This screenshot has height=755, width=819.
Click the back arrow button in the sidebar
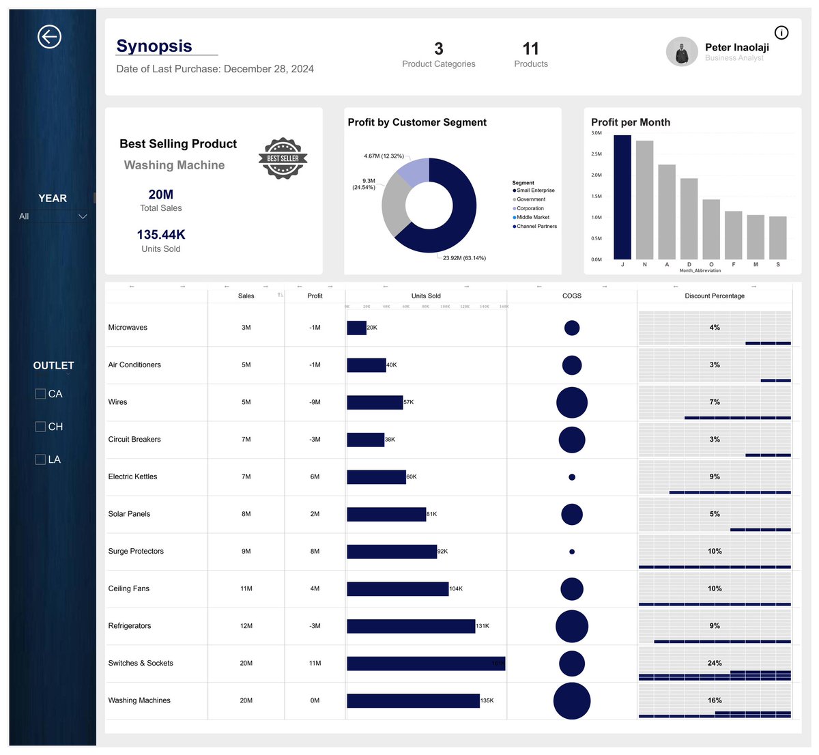coord(49,37)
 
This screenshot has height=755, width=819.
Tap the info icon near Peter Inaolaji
coord(781,33)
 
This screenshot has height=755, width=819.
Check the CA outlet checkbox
coord(40,394)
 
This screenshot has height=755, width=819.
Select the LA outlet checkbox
coord(40,459)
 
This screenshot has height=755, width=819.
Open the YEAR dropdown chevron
coord(83,216)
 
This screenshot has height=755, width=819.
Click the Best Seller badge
coord(283,158)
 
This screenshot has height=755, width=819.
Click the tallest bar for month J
coord(622,197)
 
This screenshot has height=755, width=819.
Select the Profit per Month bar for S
coord(777,238)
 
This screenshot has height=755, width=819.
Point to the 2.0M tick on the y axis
coord(596,175)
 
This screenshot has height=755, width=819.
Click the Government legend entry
coord(530,199)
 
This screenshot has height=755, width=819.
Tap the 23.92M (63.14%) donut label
coord(464,258)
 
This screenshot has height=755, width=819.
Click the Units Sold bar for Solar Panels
coord(386,514)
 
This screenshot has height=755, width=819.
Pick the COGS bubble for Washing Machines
coord(572,700)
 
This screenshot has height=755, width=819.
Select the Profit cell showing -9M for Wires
coord(315,402)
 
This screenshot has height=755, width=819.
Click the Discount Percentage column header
coord(714,296)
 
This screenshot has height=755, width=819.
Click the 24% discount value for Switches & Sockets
coord(715,663)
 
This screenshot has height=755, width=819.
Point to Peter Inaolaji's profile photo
coord(681,52)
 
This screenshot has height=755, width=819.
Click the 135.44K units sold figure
coord(161,235)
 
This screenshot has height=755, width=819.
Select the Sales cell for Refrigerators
coord(246,626)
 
